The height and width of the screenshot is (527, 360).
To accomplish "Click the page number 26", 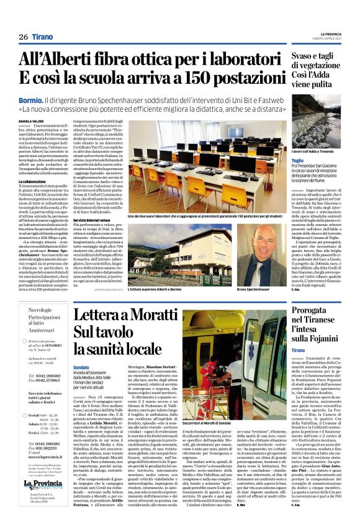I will tap(23, 37).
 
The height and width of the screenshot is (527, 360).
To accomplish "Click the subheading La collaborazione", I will tap(34, 181).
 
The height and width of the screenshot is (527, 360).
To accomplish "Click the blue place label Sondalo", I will tap(81, 367).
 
